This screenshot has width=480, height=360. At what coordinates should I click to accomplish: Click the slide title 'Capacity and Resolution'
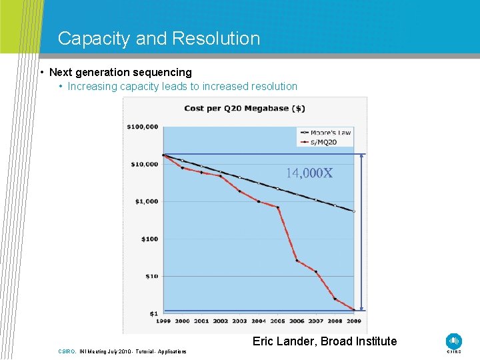click(x=159, y=39)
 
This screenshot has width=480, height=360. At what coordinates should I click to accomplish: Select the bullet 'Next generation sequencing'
click(x=120, y=72)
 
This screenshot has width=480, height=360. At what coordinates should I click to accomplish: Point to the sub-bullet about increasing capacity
click(x=182, y=86)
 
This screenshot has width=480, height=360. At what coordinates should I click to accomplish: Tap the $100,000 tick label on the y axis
click(x=143, y=126)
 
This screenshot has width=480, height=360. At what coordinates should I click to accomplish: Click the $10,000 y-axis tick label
click(x=144, y=164)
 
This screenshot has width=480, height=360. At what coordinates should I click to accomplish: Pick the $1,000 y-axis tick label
click(x=146, y=201)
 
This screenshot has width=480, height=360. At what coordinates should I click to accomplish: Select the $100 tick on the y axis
click(x=149, y=239)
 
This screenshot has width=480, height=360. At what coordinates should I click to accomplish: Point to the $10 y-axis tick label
click(x=151, y=276)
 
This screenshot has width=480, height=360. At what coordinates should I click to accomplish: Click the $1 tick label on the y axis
click(x=153, y=313)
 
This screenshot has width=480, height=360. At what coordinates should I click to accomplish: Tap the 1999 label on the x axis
click(x=163, y=321)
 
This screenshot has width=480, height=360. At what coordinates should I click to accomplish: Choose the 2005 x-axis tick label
click(x=277, y=321)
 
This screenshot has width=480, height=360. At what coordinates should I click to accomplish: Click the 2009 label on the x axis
click(x=353, y=321)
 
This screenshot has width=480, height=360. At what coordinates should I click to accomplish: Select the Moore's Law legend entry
click(x=330, y=133)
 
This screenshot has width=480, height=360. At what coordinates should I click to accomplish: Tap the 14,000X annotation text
click(x=309, y=173)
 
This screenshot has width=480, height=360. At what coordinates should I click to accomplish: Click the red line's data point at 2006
click(x=297, y=261)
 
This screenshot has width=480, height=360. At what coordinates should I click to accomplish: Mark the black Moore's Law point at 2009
click(x=354, y=211)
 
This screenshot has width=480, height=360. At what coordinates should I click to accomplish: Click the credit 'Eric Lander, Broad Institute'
click(x=324, y=341)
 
